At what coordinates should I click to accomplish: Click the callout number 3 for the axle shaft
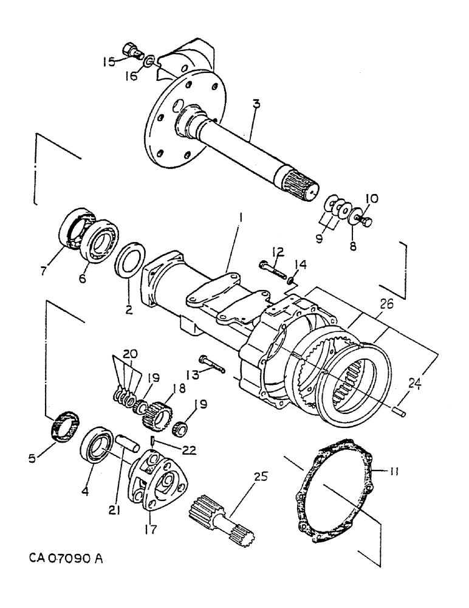pyautogui.click(x=256, y=105)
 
